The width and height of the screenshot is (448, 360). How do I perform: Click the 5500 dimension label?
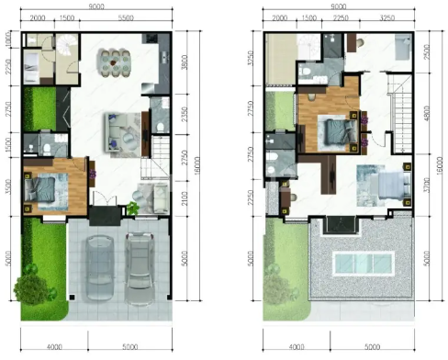tap(124, 18)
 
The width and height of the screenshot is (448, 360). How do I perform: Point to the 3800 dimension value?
tap(185, 65)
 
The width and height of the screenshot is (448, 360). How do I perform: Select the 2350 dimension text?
tap(185, 116)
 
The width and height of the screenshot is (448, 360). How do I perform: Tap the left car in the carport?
tap(97, 264)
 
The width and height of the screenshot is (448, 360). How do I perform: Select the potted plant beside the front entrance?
tap(133, 208)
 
